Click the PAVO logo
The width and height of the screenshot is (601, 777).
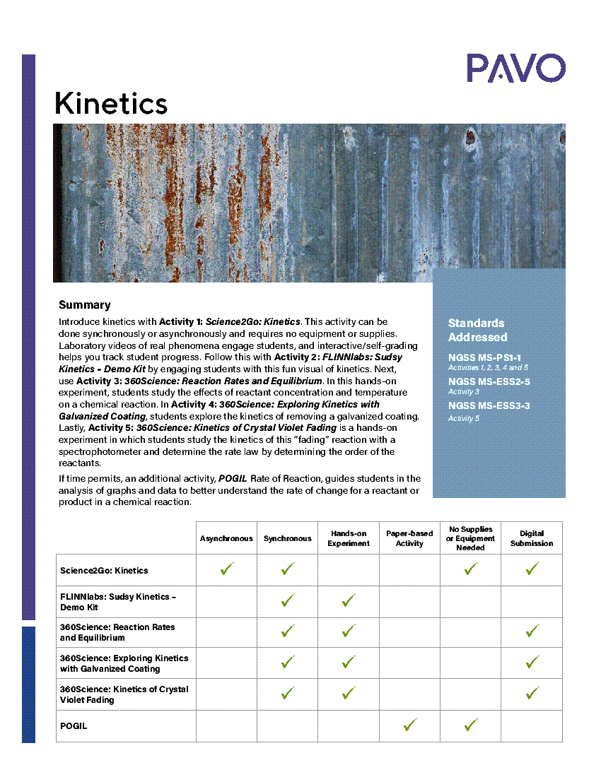tap(515, 69)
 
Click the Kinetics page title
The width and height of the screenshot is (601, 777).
tap(111, 104)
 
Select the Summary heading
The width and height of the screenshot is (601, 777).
tap(84, 305)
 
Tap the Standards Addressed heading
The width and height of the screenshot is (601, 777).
tap(477, 330)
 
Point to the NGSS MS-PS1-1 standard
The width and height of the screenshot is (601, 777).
tap(484, 357)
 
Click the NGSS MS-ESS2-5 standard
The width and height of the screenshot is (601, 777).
tap(489, 381)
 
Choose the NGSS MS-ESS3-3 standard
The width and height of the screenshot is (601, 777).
tap(489, 405)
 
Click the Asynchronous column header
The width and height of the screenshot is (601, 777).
tap(226, 538)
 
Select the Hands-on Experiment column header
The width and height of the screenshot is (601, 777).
tap(349, 538)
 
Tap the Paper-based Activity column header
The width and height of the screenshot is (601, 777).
tap(409, 538)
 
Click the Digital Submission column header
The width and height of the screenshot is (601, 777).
tap(532, 538)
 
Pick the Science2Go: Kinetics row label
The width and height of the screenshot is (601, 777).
tap(104, 570)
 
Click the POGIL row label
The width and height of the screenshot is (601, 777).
tap(74, 725)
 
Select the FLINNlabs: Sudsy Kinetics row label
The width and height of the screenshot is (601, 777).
tap(117, 602)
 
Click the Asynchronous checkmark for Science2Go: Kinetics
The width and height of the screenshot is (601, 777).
tap(226, 569)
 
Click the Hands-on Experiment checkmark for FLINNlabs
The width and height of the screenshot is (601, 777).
tap(348, 600)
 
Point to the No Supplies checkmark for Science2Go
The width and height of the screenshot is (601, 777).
tap(471, 569)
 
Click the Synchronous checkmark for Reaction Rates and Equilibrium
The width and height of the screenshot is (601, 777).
tap(287, 631)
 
